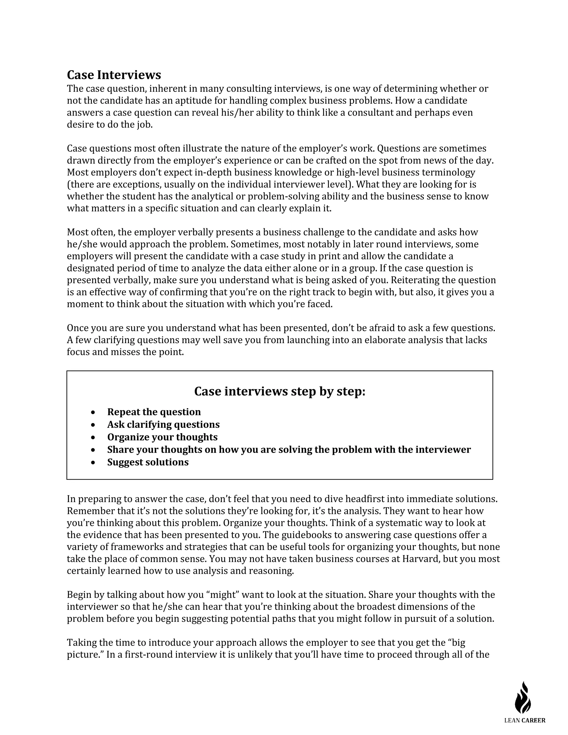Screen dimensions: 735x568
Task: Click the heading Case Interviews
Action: coord(114,75)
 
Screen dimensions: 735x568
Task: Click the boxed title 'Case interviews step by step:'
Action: coord(280,391)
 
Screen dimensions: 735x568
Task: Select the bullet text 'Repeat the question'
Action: coord(154,412)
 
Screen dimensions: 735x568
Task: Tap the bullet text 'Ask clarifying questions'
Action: coord(163,424)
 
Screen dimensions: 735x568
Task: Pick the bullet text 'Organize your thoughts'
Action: coord(162,437)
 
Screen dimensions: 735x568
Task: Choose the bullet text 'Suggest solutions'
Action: coord(148,462)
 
